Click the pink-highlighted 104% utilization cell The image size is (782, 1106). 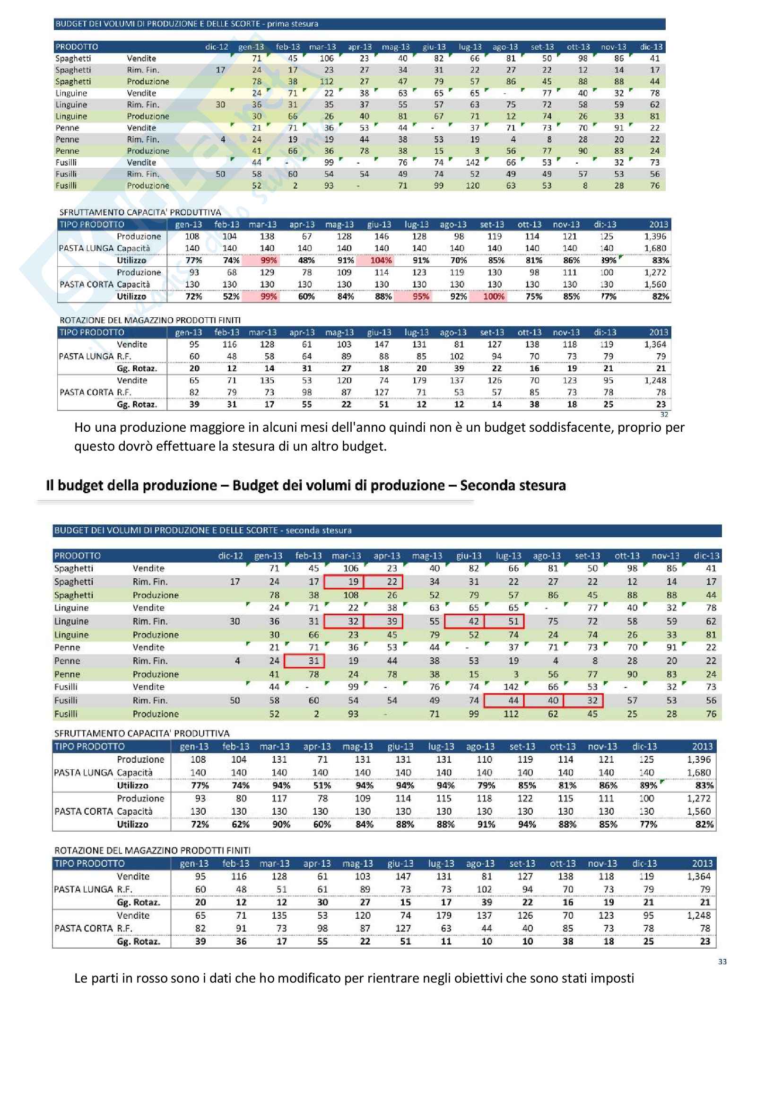click(x=381, y=261)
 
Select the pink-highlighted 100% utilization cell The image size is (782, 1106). click(x=494, y=297)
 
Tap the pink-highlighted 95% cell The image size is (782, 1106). click(x=421, y=297)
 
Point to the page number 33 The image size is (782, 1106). click(x=722, y=961)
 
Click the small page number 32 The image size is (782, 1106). click(x=664, y=415)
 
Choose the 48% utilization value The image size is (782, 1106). click(x=306, y=261)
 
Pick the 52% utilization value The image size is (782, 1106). click(x=231, y=297)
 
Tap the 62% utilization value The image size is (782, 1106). click(x=240, y=825)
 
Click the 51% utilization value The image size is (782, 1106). click(x=321, y=786)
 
